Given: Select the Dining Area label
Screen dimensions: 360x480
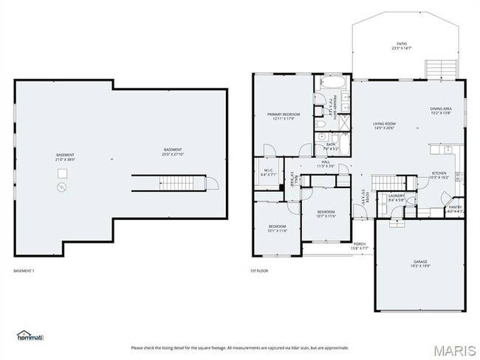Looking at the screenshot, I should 441,109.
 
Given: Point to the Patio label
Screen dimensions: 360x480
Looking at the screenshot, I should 402,44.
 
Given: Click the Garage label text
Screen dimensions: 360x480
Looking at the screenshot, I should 420,261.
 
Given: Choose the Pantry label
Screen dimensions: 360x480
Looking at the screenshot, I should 455,207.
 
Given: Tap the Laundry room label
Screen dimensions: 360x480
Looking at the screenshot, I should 396,195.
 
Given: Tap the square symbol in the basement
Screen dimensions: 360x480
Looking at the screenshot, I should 63,173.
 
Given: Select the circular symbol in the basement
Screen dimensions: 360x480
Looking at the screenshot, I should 62,187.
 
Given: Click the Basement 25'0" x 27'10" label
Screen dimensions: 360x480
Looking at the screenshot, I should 173,150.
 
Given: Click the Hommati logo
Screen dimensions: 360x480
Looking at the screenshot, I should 30,336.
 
